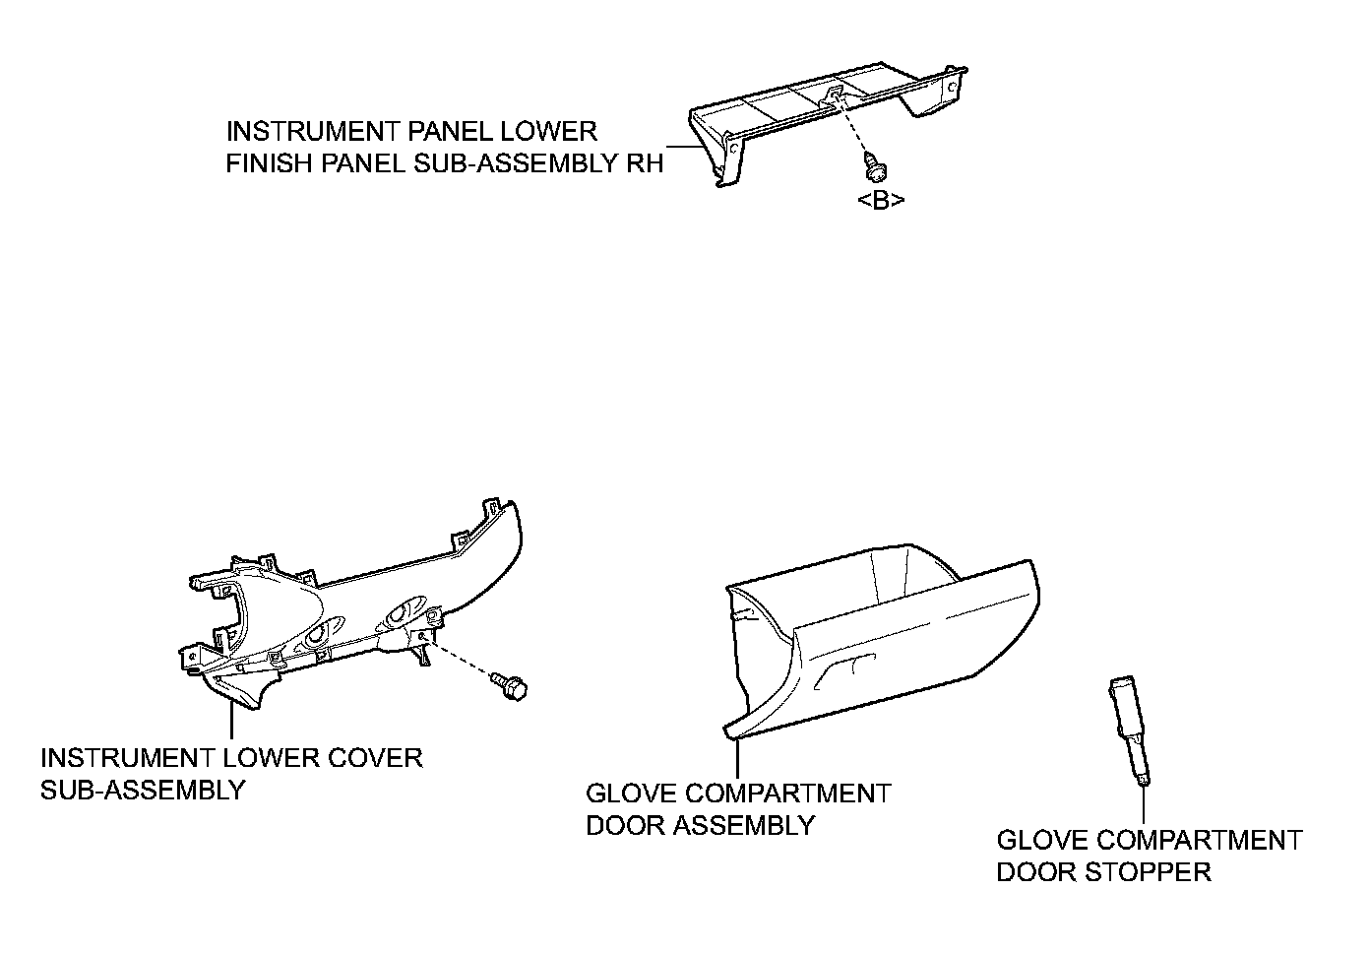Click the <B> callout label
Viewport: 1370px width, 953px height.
(881, 201)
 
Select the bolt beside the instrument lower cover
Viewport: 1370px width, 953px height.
(512, 687)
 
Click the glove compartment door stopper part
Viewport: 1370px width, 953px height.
(1129, 730)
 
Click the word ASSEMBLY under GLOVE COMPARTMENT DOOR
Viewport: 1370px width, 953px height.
(753, 825)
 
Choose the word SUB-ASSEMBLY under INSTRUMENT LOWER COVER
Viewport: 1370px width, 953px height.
(143, 790)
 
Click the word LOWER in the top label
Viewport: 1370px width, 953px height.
(553, 131)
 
